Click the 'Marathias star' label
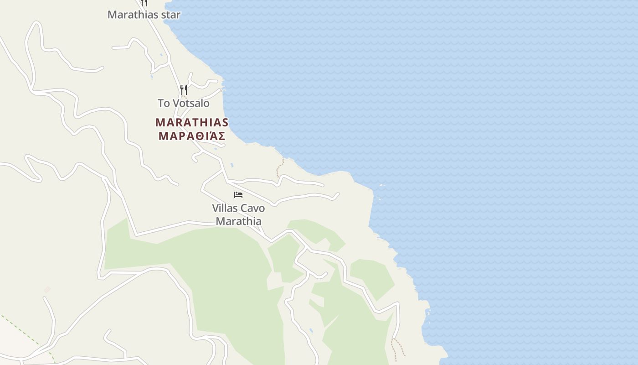(x=144, y=15)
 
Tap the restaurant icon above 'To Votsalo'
(x=183, y=89)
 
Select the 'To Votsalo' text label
(x=184, y=103)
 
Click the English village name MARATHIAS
(x=192, y=122)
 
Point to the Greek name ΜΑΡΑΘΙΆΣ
(x=192, y=136)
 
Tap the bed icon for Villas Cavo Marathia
(x=238, y=195)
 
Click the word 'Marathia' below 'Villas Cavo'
(x=238, y=221)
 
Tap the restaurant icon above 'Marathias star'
(x=144, y=3)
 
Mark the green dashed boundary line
(x=27, y=333)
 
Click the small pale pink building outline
(x=47, y=289)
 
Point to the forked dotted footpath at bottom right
(x=397, y=347)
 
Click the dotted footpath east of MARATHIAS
(x=279, y=168)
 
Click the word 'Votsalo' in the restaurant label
(x=190, y=103)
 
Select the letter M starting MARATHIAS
(x=159, y=122)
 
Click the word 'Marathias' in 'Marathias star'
(x=134, y=15)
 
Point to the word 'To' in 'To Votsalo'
(x=163, y=103)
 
